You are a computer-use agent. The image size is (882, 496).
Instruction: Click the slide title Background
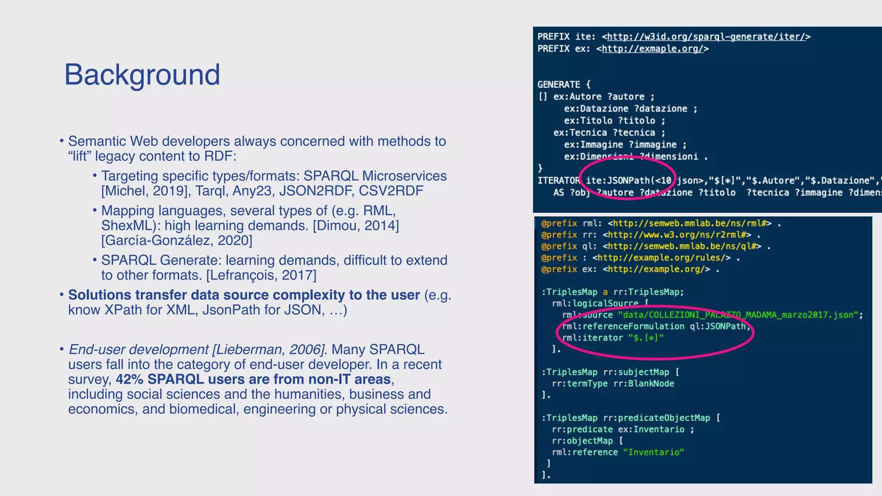[142, 74]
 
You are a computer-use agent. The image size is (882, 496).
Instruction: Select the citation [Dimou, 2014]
[356, 226]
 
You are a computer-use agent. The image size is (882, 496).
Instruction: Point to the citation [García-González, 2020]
[177, 240]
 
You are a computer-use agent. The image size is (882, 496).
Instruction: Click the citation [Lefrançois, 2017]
[261, 275]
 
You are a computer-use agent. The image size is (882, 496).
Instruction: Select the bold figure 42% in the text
[129, 379]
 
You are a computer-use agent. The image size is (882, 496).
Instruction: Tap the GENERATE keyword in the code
[559, 84]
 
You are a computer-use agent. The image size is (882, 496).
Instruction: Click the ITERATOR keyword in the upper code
[558, 180]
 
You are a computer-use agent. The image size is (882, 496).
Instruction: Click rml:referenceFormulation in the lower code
[623, 326]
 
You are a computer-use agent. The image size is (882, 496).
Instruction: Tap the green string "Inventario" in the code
[653, 452]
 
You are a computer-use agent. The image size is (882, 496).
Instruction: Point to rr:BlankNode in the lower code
[643, 383]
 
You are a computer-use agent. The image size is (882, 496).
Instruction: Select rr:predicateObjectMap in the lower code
[656, 418]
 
